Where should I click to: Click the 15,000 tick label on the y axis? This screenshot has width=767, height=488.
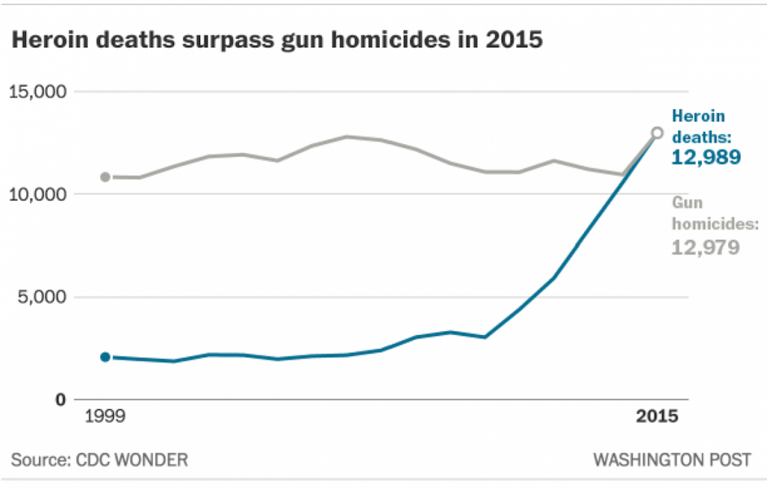(x=37, y=92)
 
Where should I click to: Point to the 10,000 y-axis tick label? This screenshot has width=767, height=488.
(x=37, y=194)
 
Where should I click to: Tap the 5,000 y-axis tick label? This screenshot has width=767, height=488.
(x=43, y=297)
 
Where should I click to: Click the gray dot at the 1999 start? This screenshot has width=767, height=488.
(x=106, y=177)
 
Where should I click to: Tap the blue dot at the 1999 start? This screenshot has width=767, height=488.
(x=106, y=357)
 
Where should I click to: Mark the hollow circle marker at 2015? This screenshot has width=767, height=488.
(x=657, y=133)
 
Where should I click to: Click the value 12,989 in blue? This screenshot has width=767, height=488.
(x=706, y=157)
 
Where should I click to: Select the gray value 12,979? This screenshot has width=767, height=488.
(x=705, y=247)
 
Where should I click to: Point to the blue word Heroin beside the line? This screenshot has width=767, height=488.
(x=699, y=116)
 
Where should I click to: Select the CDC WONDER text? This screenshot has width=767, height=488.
(x=132, y=460)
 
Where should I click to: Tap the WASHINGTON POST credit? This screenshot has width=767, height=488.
(x=672, y=460)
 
